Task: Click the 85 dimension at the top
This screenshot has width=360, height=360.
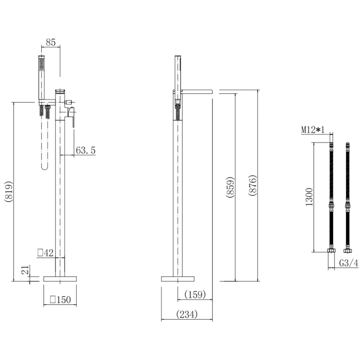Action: (x=50, y=42)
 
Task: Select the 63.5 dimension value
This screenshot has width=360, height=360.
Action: (x=86, y=150)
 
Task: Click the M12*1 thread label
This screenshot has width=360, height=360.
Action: (x=313, y=130)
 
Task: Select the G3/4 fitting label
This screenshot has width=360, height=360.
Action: (x=348, y=263)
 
